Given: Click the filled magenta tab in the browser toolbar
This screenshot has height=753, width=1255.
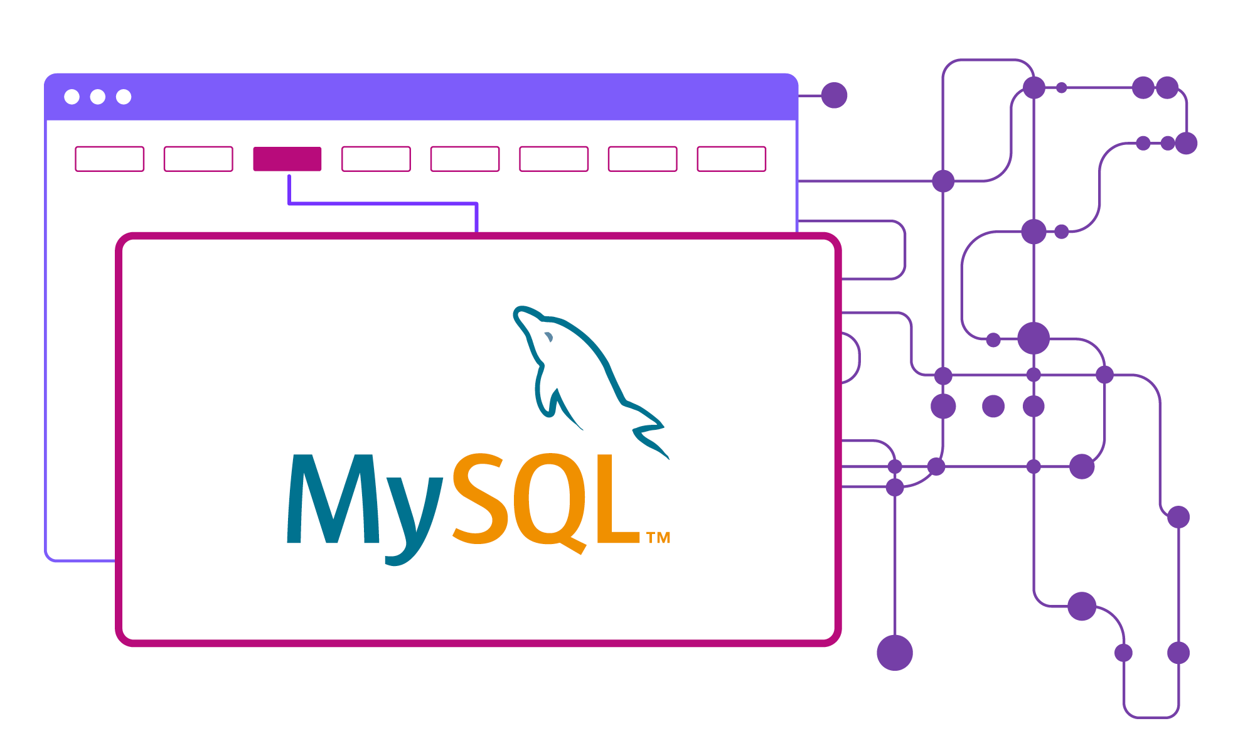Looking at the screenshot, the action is pyautogui.click(x=287, y=159).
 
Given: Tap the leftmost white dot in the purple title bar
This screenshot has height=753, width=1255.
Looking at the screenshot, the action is pyautogui.click(x=72, y=97).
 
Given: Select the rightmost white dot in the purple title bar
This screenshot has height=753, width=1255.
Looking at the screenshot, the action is pyautogui.click(x=124, y=97).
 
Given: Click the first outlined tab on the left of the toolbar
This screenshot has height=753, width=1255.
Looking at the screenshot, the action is pyautogui.click(x=110, y=159).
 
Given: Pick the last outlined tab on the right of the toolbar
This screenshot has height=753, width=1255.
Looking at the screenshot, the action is pyautogui.click(x=732, y=159).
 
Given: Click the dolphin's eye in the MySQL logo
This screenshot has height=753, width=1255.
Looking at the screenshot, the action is pyautogui.click(x=548, y=337).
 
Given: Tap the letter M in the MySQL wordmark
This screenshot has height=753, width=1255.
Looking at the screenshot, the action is pyautogui.click(x=333, y=498).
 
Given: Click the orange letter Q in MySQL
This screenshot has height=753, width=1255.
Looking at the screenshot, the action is pyautogui.click(x=551, y=502).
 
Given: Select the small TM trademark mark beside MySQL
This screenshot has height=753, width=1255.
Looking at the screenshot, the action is pyautogui.click(x=658, y=538).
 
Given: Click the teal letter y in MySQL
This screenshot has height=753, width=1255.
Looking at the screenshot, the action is pyautogui.click(x=414, y=521).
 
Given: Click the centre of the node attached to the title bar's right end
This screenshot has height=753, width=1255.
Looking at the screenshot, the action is pyautogui.click(x=834, y=95).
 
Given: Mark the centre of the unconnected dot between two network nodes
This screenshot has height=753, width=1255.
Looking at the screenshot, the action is pyautogui.click(x=993, y=406).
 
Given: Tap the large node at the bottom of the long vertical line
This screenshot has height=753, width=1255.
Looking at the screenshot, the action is pyautogui.click(x=895, y=653).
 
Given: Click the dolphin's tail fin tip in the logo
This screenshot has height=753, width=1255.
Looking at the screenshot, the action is pyautogui.click(x=669, y=459).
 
